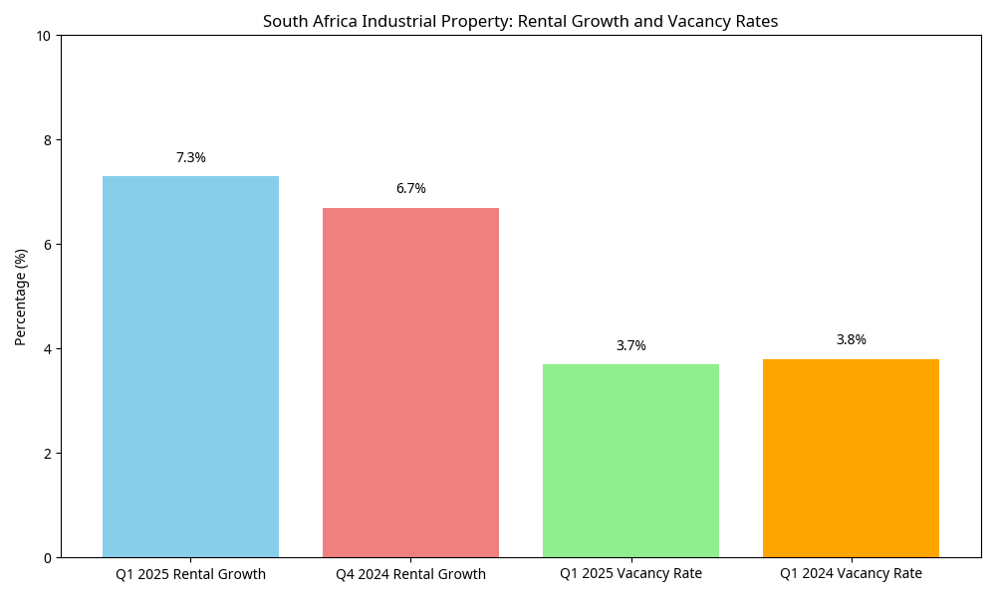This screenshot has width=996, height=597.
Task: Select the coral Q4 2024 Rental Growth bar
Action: click(x=410, y=382)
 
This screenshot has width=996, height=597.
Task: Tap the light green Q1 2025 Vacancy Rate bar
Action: click(x=630, y=461)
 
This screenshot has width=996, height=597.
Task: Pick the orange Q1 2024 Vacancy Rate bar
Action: click(x=851, y=458)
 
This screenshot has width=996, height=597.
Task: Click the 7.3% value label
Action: click(x=190, y=158)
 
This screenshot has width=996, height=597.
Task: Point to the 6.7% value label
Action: click(x=410, y=189)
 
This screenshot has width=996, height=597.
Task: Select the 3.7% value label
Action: click(x=630, y=346)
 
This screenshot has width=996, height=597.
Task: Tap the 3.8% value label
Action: click(x=851, y=340)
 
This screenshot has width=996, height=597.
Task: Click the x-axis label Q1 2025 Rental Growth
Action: click(x=190, y=574)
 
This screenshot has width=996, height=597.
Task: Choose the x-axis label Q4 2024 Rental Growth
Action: click(x=410, y=574)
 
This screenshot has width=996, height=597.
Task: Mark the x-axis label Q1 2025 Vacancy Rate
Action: click(x=630, y=574)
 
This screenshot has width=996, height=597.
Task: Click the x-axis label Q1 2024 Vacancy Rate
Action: click(x=851, y=574)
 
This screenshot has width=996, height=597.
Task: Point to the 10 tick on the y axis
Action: click(x=44, y=36)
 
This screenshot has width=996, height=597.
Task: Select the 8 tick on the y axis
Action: click(x=47, y=140)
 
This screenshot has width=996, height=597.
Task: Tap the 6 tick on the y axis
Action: click(x=47, y=245)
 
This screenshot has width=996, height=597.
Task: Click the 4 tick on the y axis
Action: click(x=47, y=349)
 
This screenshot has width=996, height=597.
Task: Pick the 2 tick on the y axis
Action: click(x=47, y=454)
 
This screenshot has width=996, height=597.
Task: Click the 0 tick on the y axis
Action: click(x=47, y=558)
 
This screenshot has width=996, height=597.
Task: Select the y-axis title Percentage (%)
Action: click(x=21, y=297)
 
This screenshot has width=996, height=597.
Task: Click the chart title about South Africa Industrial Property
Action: click(x=520, y=21)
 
